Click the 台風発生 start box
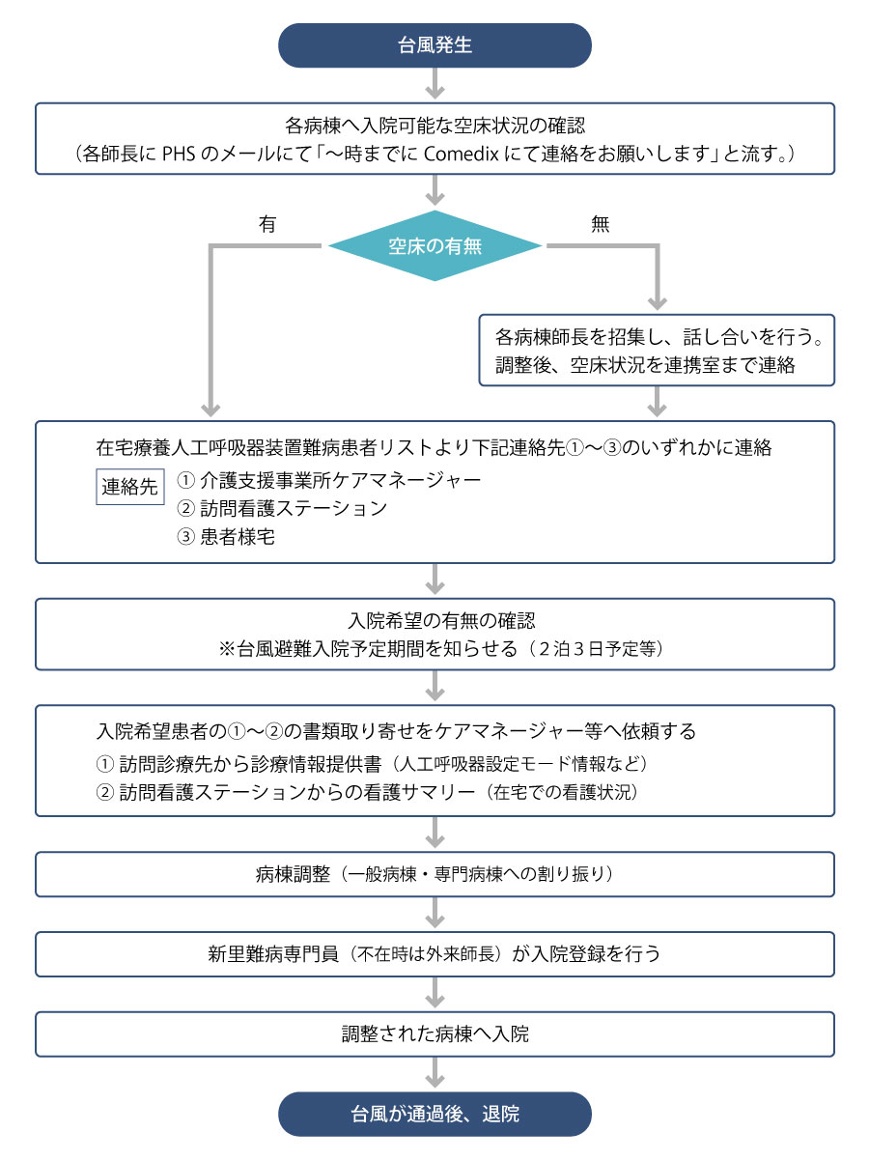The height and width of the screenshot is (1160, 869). tap(434, 45)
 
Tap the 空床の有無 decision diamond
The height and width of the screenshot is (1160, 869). tap(434, 246)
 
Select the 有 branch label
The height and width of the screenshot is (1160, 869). tap(267, 223)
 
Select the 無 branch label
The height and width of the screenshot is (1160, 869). tap(600, 223)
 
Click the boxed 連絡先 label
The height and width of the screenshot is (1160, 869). tap(129, 488)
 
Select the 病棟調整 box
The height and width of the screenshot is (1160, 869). tap(434, 875)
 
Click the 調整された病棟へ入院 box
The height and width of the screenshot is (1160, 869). tap(434, 1033)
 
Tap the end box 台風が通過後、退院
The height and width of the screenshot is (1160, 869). tap(434, 1114)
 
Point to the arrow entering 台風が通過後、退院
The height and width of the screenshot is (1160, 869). tap(434, 1074)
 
